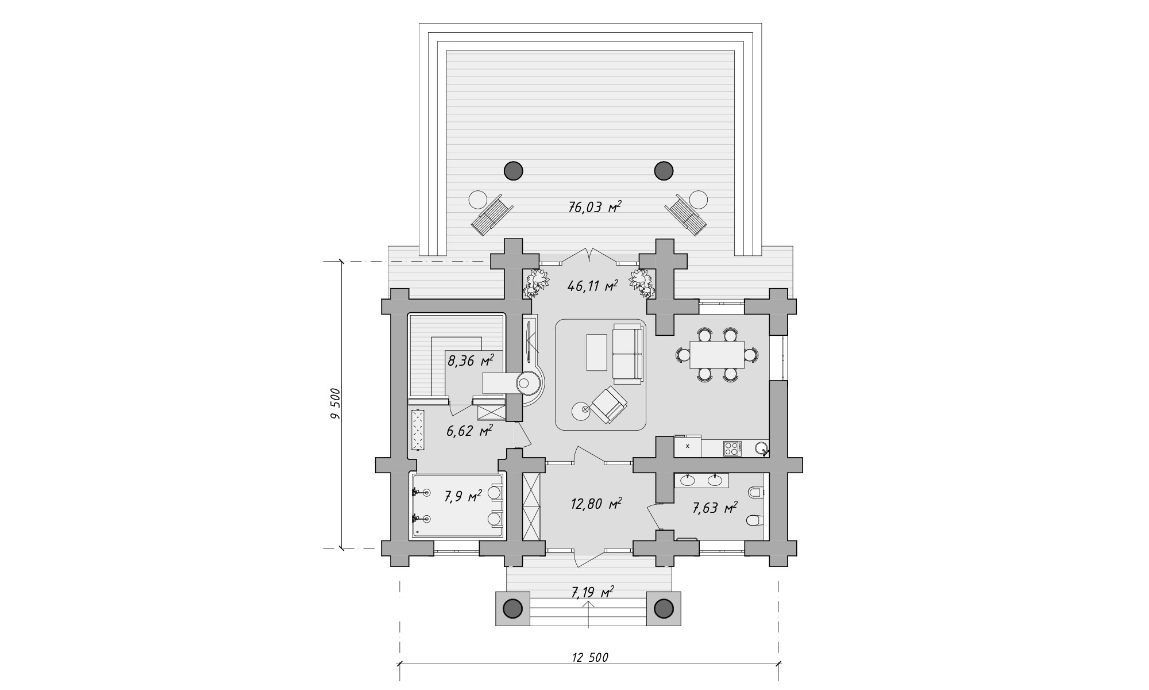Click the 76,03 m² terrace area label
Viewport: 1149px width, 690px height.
pyautogui.click(x=595, y=208)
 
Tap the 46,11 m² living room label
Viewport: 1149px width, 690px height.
pyautogui.click(x=592, y=285)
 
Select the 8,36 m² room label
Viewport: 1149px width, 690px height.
pyautogui.click(x=471, y=361)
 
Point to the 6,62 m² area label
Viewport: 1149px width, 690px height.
pyautogui.click(x=469, y=431)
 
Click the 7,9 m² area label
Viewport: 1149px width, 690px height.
pyautogui.click(x=462, y=496)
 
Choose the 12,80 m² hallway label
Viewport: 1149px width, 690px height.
pyautogui.click(x=596, y=504)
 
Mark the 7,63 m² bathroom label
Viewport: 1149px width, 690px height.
pyautogui.click(x=715, y=508)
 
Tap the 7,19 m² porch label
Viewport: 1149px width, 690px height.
pyautogui.click(x=591, y=591)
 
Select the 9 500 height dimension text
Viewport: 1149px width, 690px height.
pyautogui.click(x=336, y=405)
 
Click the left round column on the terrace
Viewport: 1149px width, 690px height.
pyautogui.click(x=514, y=170)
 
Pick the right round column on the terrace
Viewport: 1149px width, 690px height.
pyautogui.click(x=664, y=170)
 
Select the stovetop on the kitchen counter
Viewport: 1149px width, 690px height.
pyautogui.click(x=732, y=448)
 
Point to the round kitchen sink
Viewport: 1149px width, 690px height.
pyautogui.click(x=761, y=448)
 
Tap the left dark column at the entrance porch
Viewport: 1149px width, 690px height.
pyautogui.click(x=514, y=608)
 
